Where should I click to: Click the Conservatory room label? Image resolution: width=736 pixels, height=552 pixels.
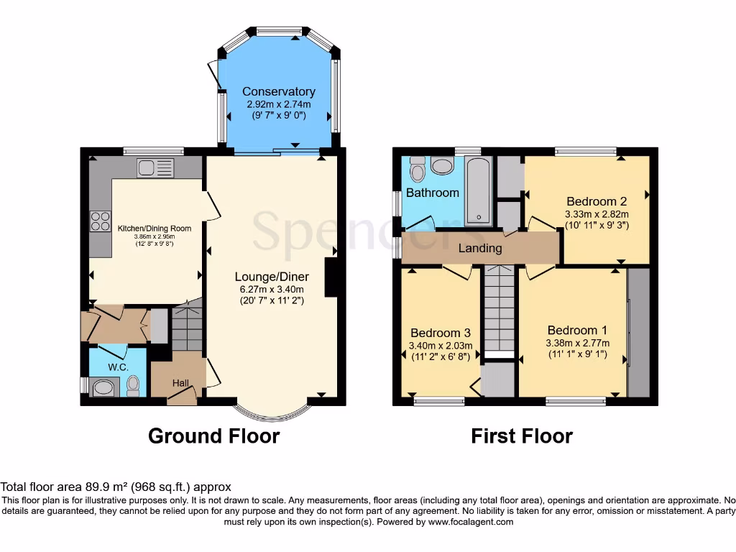tap(278, 91)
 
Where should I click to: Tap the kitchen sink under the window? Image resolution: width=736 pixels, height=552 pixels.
tap(155, 168)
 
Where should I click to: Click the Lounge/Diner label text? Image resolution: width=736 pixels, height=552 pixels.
tap(272, 277)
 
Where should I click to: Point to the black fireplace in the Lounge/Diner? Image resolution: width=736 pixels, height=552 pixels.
tap(332, 277)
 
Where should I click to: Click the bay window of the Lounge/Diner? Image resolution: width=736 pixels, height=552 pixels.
tap(274, 412)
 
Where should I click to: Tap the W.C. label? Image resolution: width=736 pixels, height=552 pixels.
tap(118, 367)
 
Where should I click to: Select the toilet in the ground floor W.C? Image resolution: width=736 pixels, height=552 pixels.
tap(132, 386)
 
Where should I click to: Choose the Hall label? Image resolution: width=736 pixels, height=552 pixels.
tap(180, 384)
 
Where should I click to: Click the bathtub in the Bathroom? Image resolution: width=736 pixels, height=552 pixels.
tap(477, 191)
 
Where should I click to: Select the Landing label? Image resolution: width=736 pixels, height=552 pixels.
tap(480, 248)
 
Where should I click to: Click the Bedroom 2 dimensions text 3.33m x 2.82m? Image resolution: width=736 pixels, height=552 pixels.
tap(597, 214)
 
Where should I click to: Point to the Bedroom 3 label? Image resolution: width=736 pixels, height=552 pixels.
tap(441, 333)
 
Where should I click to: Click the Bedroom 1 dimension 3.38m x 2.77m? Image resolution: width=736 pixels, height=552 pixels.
tap(577, 343)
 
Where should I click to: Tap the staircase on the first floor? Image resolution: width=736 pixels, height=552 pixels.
tap(498, 309)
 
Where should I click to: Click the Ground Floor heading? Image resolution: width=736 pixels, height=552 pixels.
tap(213, 436)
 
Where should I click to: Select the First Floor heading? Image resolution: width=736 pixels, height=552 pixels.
tap(522, 436)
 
